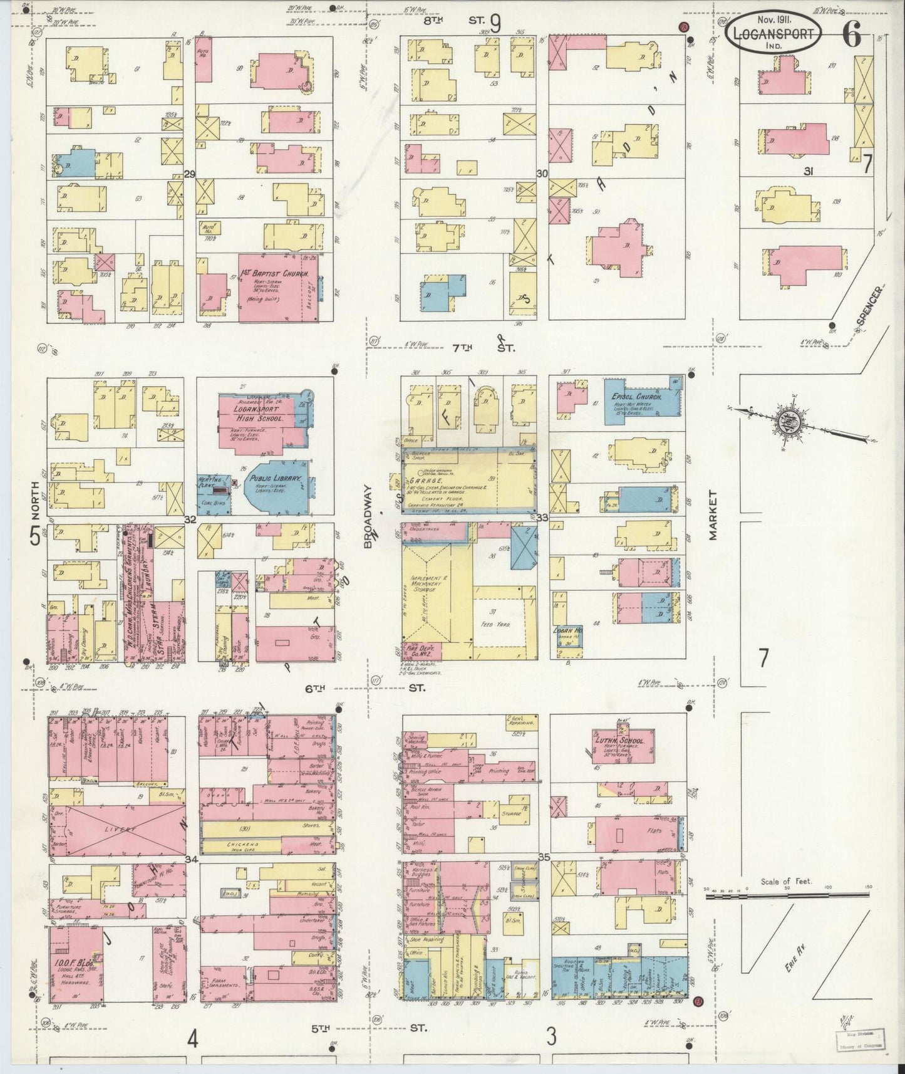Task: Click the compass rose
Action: pos(787,419)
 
